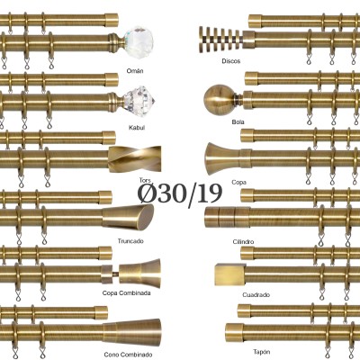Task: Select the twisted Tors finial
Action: tap(135, 159)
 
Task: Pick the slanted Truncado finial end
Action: tap(128, 217)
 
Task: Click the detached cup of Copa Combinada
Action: tap(139, 274)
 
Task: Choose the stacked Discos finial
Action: tap(220, 40)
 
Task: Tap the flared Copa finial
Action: tap(223, 158)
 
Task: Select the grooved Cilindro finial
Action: tap(228, 217)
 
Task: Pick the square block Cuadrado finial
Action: tap(230, 274)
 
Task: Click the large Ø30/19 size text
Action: tap(180, 194)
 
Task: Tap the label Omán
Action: tap(135, 71)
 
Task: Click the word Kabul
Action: tap(137, 128)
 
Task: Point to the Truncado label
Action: tap(130, 241)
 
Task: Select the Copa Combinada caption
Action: tap(126, 293)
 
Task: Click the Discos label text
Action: tap(231, 61)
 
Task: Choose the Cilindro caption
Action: tap(243, 242)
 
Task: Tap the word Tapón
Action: tap(261, 352)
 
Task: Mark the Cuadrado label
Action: tap(256, 295)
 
